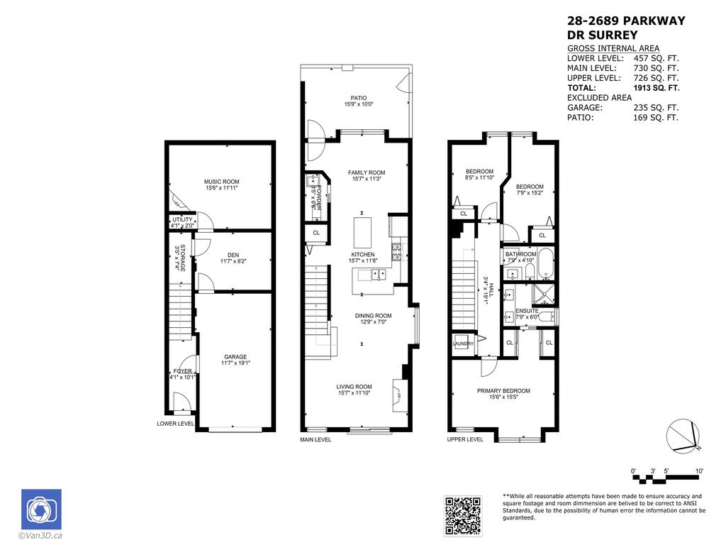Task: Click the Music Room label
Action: [221, 182]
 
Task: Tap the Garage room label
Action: [235, 357]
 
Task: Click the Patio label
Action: [358, 98]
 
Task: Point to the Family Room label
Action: [366, 172]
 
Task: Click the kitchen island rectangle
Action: [362, 231]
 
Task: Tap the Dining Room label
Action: [373, 316]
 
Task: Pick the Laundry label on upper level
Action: [463, 344]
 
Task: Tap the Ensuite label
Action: [527, 311]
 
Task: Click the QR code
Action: [463, 515]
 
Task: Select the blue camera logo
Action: [41, 509]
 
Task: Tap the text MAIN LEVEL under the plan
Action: [315, 439]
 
